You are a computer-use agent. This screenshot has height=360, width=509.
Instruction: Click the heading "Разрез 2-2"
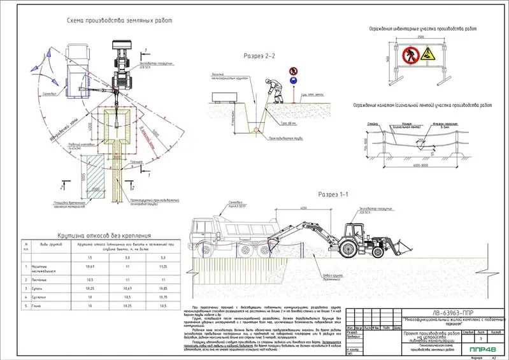coord(259,56)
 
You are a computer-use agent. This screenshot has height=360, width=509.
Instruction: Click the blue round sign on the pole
coord(292,81)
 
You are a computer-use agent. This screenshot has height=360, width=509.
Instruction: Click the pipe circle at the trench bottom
coord(256,130)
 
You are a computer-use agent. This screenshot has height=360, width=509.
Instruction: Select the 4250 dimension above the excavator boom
coord(305,209)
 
